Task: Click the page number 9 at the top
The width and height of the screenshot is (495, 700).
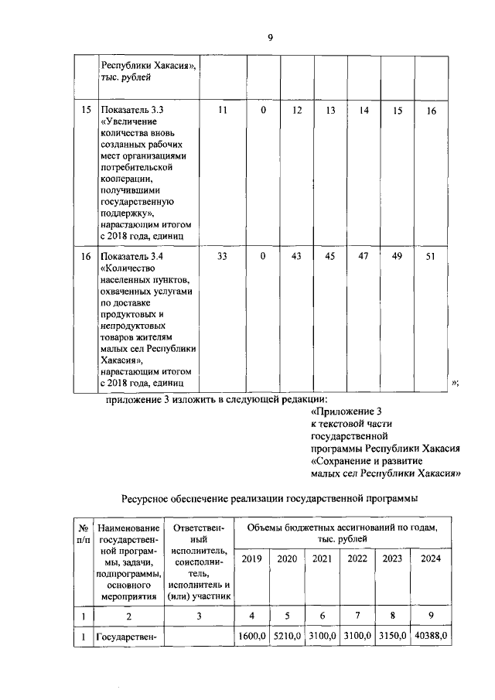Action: (271, 36)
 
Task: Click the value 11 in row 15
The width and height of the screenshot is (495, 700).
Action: (223, 111)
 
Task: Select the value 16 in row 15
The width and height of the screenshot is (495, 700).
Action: (432, 111)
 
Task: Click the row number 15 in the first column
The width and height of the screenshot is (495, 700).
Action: (85, 111)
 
